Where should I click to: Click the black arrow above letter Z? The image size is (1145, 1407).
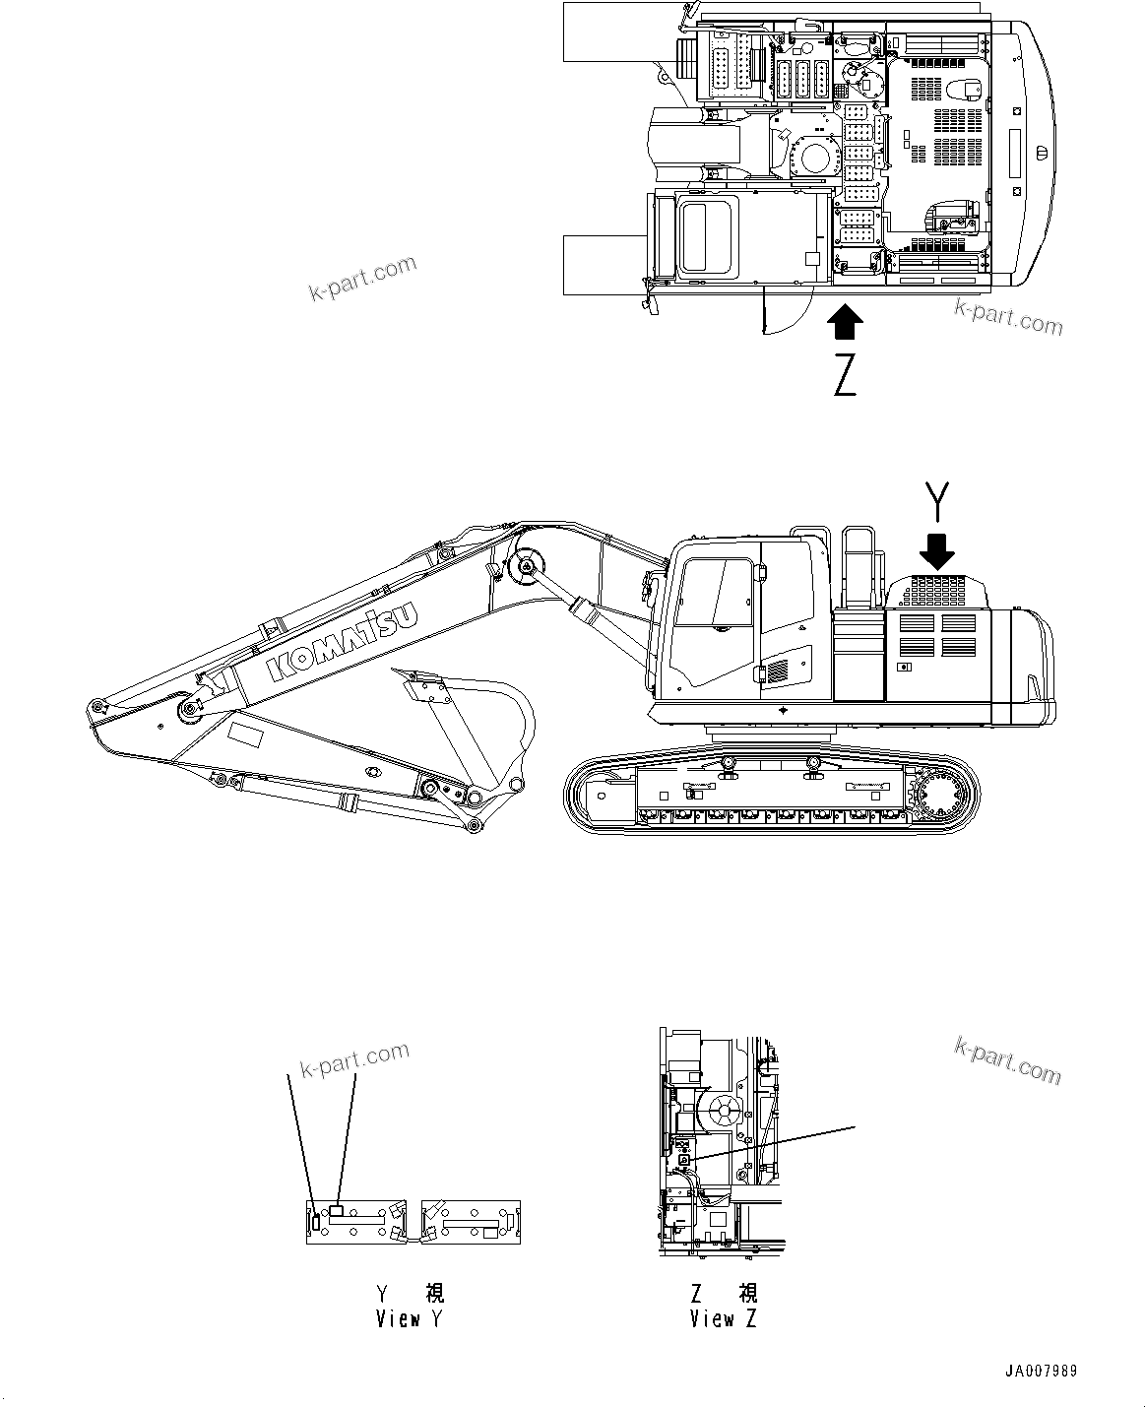click(x=845, y=322)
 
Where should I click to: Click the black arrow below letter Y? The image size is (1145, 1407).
click(x=939, y=550)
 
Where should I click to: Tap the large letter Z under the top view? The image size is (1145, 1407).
click(x=845, y=374)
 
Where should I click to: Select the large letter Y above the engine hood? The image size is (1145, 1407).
click(x=938, y=502)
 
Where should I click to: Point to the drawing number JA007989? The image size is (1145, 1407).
click(x=1041, y=1371)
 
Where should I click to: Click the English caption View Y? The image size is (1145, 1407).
click(x=410, y=1318)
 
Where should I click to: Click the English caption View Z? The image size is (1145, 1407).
click(x=724, y=1318)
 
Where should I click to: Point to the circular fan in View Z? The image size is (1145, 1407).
click(x=724, y=1111)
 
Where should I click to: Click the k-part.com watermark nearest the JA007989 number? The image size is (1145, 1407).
click(x=1007, y=1058)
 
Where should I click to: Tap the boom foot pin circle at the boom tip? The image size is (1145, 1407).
click(x=96, y=706)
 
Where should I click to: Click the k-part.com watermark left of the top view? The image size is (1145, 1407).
click(x=362, y=279)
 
